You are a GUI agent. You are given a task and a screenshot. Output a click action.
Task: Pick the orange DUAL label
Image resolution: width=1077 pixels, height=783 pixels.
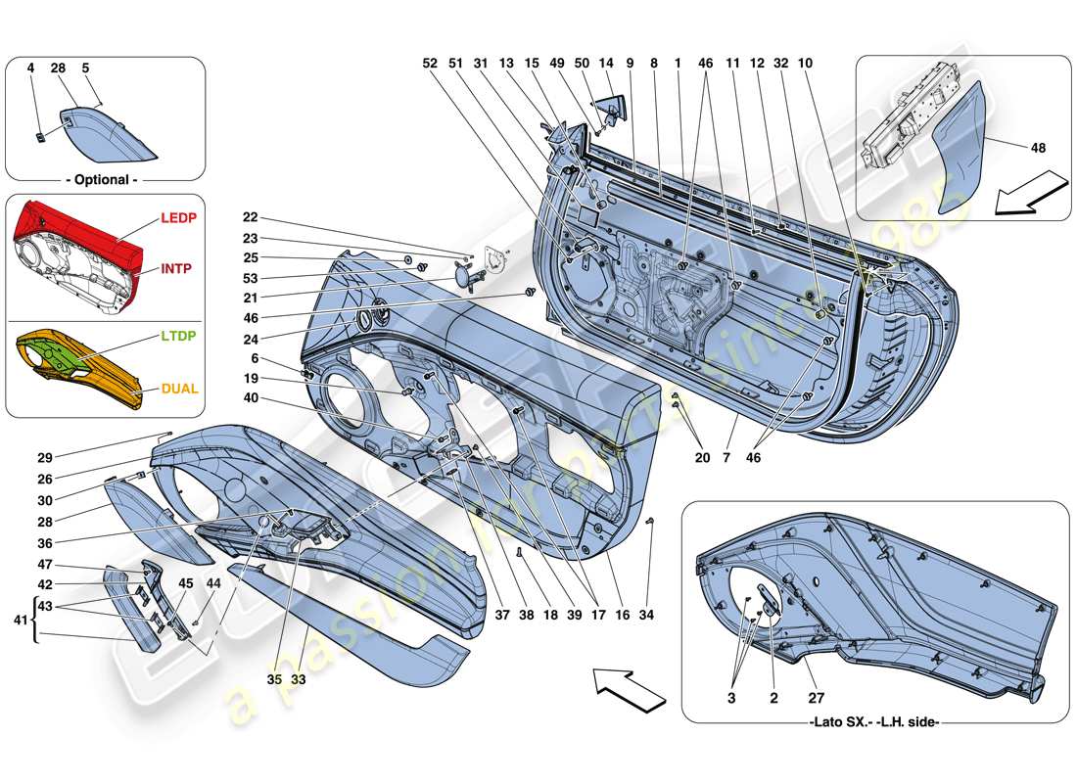[180, 389]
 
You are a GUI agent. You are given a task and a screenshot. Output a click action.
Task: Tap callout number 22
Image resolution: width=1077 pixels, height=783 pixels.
[251, 217]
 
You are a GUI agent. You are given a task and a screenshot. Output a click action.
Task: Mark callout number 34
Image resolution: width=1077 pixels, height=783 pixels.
[646, 616]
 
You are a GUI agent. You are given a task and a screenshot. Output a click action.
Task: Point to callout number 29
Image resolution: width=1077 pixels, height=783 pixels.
[46, 457]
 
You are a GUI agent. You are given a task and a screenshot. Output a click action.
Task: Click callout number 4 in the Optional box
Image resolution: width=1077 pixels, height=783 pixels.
[30, 69]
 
